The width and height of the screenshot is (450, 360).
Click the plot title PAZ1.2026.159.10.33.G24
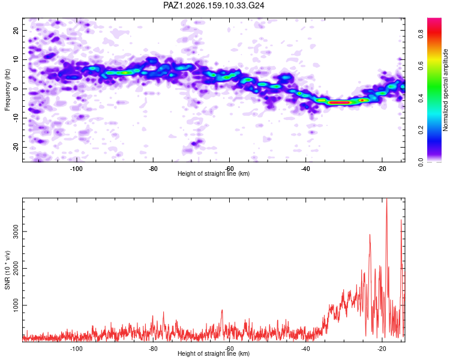[x=214, y=5]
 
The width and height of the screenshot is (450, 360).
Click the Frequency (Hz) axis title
[x=7, y=90]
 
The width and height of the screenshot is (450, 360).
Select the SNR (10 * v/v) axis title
[x=7, y=270]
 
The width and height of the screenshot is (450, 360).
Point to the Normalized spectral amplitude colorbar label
[x=445, y=90]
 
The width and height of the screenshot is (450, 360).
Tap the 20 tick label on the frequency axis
[x=16, y=30]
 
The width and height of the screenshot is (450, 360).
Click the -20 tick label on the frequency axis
[x=16, y=147]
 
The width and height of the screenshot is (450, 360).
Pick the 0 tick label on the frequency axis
[x=16, y=89]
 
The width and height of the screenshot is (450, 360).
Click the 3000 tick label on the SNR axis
[x=16, y=232]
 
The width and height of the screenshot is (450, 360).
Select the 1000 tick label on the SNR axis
[x=16, y=305]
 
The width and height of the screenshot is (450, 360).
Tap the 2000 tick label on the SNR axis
[x=16, y=268]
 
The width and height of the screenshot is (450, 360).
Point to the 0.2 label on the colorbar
[x=421, y=130]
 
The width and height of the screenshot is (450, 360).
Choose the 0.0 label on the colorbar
[x=421, y=162]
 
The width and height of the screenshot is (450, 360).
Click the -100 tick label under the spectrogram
[x=76, y=169]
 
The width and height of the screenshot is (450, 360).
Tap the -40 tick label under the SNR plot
[x=305, y=349]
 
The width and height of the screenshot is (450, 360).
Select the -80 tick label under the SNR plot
[x=153, y=349]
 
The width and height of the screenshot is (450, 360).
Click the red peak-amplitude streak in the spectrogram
[x=339, y=102]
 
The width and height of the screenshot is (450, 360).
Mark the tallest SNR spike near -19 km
[x=387, y=199]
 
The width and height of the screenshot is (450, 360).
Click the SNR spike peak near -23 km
[x=370, y=235]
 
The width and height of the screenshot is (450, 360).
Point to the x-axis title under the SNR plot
[x=214, y=353]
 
